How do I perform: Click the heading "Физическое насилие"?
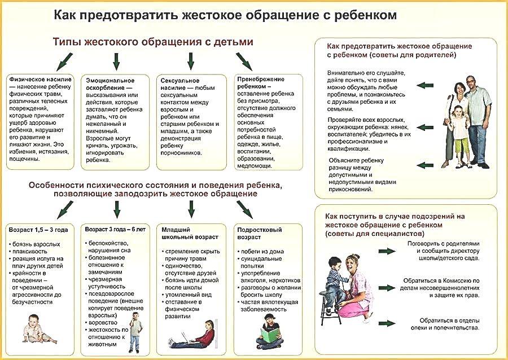pos(40,80)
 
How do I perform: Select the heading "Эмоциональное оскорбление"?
pos(110,84)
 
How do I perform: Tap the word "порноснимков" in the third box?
pos(181,153)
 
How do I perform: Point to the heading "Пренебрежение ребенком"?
pos(261,83)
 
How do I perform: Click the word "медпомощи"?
pos(254,165)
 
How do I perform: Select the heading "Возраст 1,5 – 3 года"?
pos(38,230)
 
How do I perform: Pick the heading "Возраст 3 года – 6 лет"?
pos(115,229)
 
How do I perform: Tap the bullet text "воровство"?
pos(103,323)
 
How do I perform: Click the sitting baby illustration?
pos(38,329)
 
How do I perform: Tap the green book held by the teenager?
pos(270,335)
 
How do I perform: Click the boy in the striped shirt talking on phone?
pos(135,332)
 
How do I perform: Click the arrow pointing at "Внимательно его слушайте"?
pos(424,85)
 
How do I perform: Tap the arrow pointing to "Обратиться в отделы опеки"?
pos(387,323)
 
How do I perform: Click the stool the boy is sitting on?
pos(330,307)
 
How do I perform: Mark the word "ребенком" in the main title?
pos(365,15)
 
